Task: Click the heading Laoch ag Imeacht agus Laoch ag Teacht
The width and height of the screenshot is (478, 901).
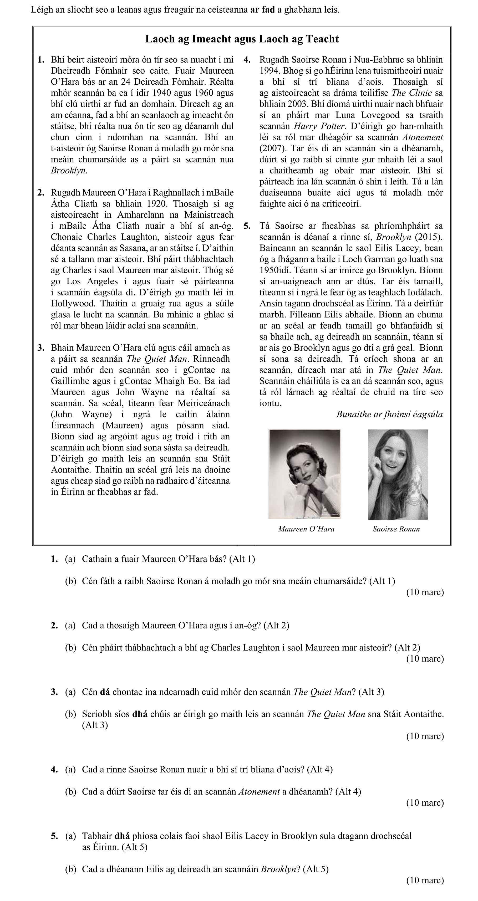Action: (x=242, y=39)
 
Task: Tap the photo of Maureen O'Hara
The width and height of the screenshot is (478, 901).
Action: (x=304, y=474)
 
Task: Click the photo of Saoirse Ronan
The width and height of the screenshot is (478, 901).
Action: (x=398, y=474)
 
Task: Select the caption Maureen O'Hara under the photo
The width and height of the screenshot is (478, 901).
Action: (x=306, y=529)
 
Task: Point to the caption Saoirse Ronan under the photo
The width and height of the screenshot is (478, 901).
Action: (x=396, y=529)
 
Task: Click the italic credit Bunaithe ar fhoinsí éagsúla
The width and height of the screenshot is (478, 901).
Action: (x=389, y=414)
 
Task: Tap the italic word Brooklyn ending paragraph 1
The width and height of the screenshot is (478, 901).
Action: (x=68, y=171)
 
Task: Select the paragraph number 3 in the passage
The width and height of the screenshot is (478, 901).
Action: (x=41, y=348)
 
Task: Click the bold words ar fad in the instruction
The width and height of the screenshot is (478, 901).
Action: (x=262, y=10)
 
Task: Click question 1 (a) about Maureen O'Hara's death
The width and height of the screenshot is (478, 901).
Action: (x=168, y=559)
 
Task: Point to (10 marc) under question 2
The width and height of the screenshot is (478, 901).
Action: (x=425, y=659)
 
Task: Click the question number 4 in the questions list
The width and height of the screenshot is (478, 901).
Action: (x=54, y=770)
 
